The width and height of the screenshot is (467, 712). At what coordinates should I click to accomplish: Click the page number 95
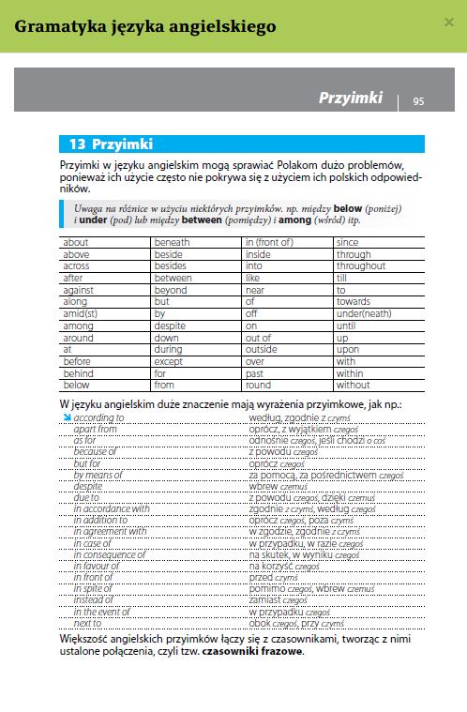tap(418, 101)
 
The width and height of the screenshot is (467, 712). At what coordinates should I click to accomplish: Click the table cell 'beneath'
tap(172, 242)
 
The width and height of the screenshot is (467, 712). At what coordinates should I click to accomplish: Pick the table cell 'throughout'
tap(361, 265)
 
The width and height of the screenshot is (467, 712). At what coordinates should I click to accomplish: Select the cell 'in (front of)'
tap(268, 242)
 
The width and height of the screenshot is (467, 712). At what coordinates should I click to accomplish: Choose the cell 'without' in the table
tap(354, 385)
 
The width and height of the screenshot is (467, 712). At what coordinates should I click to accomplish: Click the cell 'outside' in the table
tap(262, 349)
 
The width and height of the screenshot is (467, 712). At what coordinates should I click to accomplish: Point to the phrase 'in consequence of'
tap(109, 554)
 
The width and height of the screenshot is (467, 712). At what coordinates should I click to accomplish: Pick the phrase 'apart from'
tap(96, 428)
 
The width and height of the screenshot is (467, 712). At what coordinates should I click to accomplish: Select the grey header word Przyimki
tap(351, 98)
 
